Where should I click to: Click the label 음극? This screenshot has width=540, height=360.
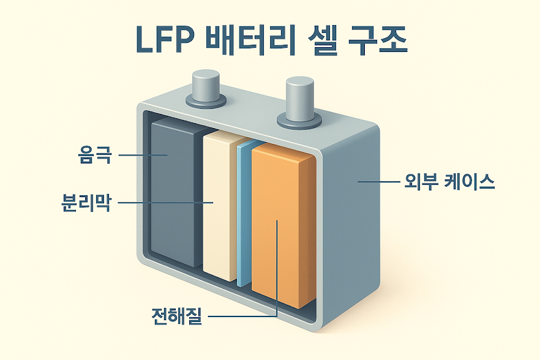pyautogui.click(x=95, y=155)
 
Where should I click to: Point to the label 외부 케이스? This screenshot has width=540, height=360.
pyautogui.click(x=449, y=182)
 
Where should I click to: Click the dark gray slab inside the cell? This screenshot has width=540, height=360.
pyautogui.click(x=175, y=196)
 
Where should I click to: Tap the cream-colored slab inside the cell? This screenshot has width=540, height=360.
pyautogui.click(x=219, y=208)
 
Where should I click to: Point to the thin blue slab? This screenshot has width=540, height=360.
pyautogui.click(x=244, y=214)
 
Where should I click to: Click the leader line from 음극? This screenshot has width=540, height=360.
pyautogui.click(x=142, y=155)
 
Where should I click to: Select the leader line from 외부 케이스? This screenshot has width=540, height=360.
pyautogui.click(x=378, y=182)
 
